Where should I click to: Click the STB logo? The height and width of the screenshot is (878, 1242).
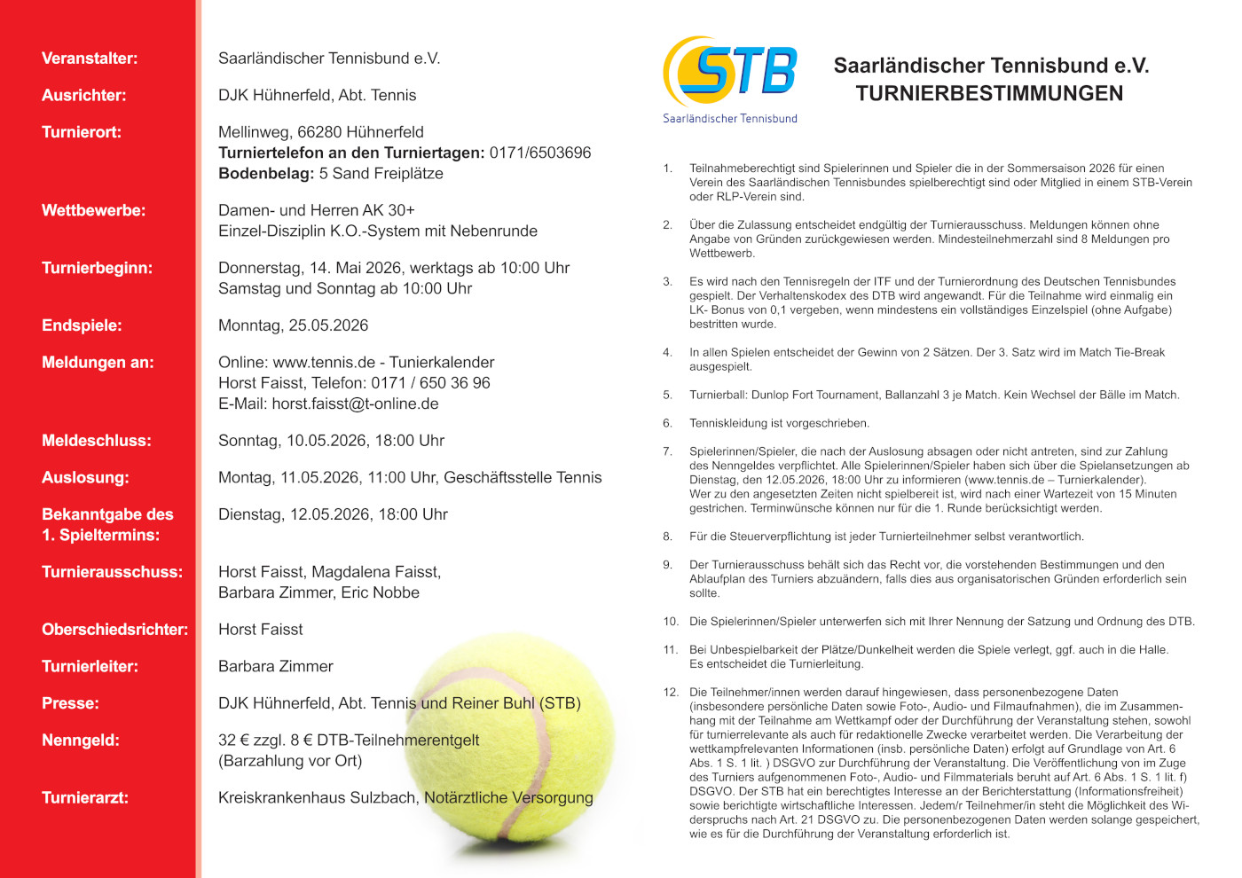click(729, 71)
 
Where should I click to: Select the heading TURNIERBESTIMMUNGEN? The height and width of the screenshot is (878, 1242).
click(989, 93)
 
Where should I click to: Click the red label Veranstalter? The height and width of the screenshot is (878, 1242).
click(90, 59)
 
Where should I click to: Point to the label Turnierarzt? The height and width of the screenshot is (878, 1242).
click(85, 797)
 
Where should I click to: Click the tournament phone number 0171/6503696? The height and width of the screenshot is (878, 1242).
click(539, 153)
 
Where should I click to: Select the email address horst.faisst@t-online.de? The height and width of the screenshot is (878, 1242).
click(355, 404)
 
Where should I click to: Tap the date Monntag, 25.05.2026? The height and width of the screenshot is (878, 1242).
click(293, 325)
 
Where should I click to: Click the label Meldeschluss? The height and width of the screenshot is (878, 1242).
click(97, 441)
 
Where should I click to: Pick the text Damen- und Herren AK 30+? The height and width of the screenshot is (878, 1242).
click(317, 210)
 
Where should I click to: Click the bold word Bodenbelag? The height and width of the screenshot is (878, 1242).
click(266, 173)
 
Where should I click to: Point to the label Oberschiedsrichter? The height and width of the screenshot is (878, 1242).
click(114, 630)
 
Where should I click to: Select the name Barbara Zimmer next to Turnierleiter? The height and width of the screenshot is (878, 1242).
click(276, 666)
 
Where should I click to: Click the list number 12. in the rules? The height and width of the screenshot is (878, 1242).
click(671, 693)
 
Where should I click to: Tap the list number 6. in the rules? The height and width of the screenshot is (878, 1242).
click(667, 423)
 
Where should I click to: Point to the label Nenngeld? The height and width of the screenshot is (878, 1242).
click(81, 740)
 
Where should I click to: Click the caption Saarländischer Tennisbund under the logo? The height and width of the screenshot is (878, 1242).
click(729, 119)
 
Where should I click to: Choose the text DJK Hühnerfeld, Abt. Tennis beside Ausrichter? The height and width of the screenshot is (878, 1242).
click(317, 95)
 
